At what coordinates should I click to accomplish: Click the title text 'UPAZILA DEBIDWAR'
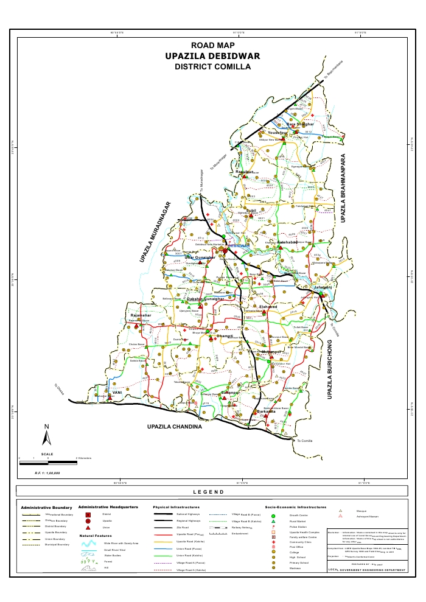coord(212,56)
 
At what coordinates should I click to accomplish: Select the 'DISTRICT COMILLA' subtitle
coord(212,66)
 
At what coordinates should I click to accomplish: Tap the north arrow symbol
coord(46,436)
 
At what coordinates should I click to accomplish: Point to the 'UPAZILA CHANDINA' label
coord(174,427)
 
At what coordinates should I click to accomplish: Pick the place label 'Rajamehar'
coord(139,315)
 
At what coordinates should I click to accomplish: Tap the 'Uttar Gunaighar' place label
coord(200,258)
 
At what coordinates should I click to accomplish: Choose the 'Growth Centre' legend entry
coord(302,516)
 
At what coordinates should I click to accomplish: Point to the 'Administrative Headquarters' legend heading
coord(108,506)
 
